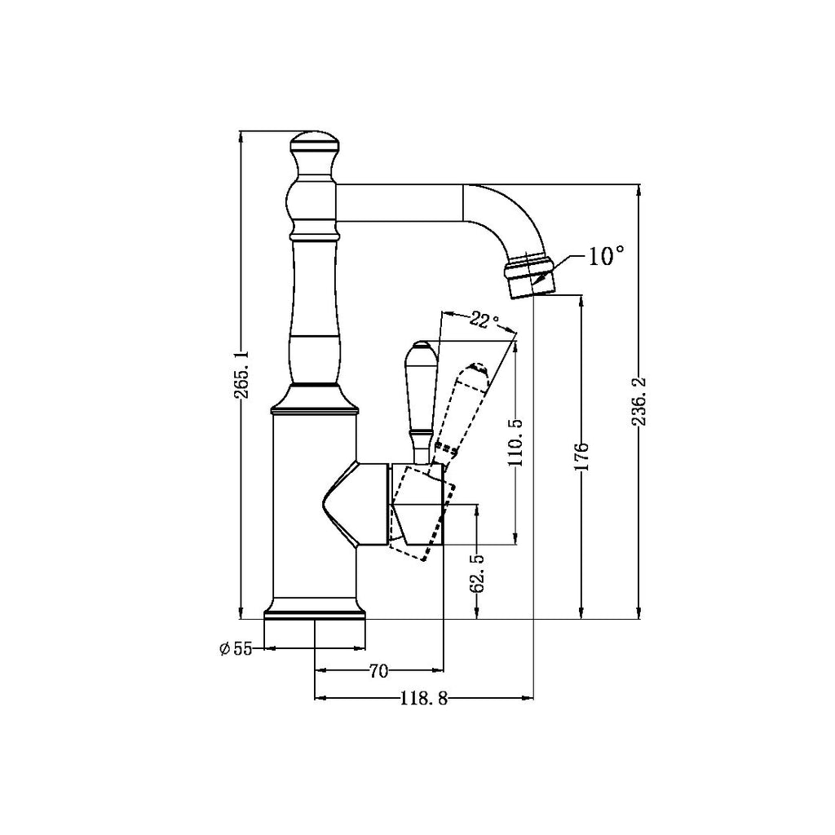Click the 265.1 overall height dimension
(x=241, y=374)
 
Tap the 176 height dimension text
(x=581, y=458)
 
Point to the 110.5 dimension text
(x=515, y=441)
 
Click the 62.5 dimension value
(x=477, y=573)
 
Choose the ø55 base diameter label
(x=236, y=649)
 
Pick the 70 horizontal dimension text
(x=378, y=671)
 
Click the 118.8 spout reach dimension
(x=424, y=698)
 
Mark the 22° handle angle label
(x=484, y=320)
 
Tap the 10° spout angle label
(x=606, y=257)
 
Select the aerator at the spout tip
(x=530, y=277)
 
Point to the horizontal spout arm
(x=400, y=203)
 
